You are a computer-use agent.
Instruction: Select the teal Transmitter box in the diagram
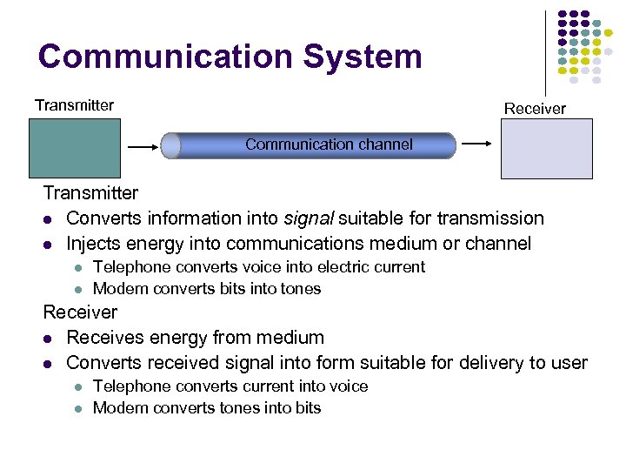click(x=75, y=148)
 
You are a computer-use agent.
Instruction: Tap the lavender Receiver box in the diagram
click(x=546, y=148)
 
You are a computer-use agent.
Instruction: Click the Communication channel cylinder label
click(x=329, y=144)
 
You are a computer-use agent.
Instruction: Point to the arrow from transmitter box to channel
click(x=143, y=148)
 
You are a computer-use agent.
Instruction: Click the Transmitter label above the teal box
click(x=74, y=105)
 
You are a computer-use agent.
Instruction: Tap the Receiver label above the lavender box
click(x=535, y=109)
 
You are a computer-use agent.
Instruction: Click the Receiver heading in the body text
click(x=80, y=312)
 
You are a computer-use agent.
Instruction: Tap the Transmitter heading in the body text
click(x=90, y=192)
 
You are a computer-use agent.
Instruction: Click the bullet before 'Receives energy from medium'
click(x=50, y=338)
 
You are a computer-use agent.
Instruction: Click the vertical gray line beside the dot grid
click(x=546, y=52)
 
